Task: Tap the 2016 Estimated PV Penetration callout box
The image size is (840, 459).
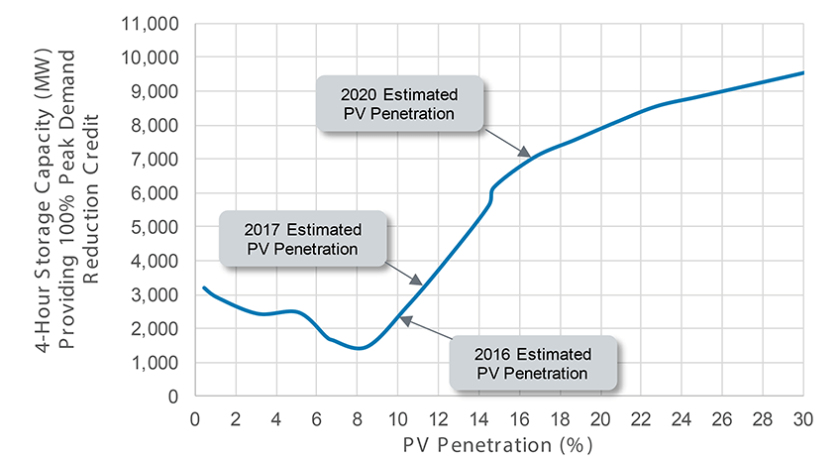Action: coord(534,364)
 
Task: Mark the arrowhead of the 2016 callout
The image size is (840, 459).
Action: coord(400,318)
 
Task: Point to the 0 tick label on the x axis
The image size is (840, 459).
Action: coord(195,415)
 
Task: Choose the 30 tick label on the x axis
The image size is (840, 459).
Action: coord(802,415)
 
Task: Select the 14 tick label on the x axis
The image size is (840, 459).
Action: coord(478,415)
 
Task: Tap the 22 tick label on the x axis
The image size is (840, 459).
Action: coord(640,415)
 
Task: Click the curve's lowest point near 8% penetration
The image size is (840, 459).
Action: coord(358,348)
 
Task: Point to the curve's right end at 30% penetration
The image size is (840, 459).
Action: coord(801,72)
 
